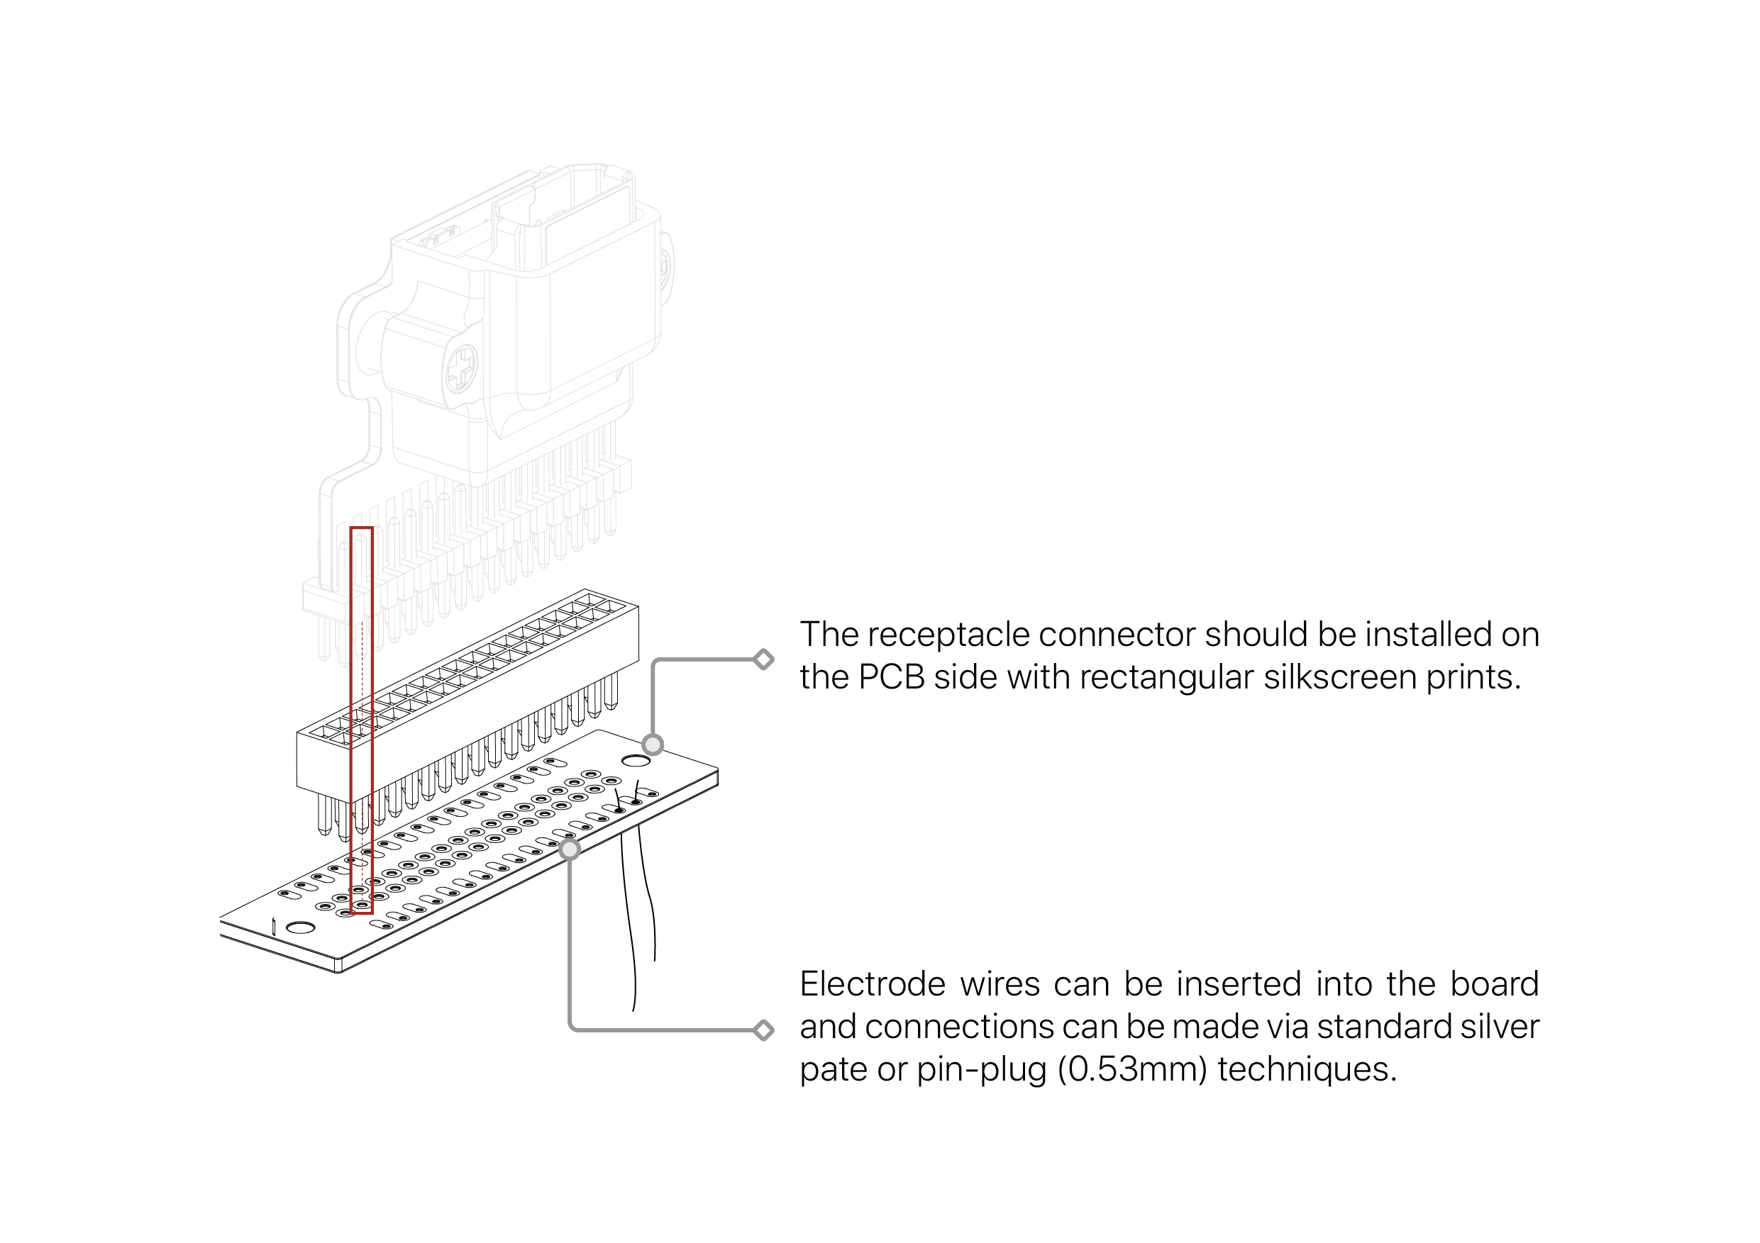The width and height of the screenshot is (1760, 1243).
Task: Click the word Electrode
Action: point(873,985)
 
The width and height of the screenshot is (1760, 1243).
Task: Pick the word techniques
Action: point(1307,1070)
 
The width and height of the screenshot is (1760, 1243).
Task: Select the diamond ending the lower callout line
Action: point(763,1030)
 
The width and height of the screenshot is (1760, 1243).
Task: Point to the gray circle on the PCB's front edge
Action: point(570,849)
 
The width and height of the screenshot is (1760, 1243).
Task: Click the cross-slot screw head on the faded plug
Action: point(462,369)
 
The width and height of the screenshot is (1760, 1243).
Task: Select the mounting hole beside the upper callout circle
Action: point(636,761)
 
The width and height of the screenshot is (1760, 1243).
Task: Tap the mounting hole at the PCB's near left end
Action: point(301,928)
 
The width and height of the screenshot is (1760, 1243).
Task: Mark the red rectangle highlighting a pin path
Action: point(361,720)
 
